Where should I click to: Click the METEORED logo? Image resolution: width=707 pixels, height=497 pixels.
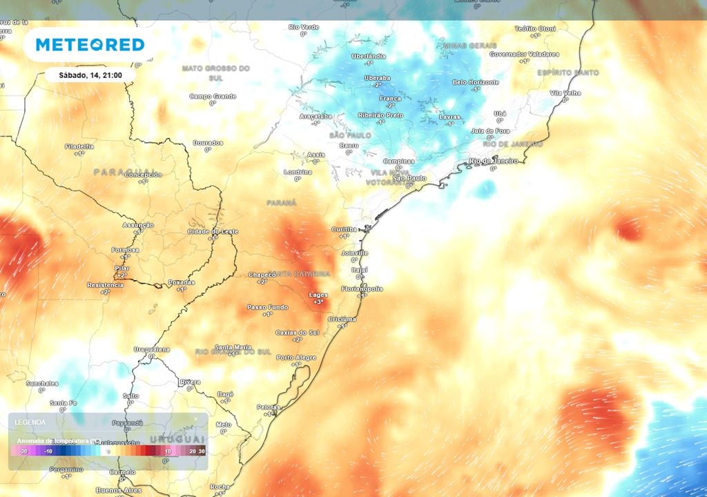point(90,45)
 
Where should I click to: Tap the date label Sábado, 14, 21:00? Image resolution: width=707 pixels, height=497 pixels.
point(88,75)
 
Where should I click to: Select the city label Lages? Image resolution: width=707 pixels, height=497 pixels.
point(318,295)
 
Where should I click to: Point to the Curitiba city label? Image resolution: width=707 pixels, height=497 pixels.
point(344,228)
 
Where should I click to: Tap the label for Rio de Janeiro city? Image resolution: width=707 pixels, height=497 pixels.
point(492,161)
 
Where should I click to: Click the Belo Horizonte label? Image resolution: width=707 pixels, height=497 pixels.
point(475,82)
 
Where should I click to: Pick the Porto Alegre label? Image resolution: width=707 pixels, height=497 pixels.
point(296,357)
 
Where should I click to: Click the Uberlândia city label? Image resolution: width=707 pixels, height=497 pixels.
point(369,56)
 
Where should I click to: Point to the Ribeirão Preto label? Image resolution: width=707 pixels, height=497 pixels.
point(380,115)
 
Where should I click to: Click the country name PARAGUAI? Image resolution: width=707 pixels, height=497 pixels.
point(125,171)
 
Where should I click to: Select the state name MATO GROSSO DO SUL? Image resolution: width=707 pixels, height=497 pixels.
point(215,72)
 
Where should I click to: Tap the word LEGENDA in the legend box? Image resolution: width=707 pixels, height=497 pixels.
point(30,422)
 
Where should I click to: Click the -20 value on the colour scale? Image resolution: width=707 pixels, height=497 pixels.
point(23,451)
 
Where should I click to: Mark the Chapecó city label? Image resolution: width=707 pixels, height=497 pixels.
point(262,274)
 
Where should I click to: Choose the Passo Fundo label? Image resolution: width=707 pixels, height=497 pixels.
point(267,306)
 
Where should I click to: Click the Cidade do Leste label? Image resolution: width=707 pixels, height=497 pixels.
point(213,231)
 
